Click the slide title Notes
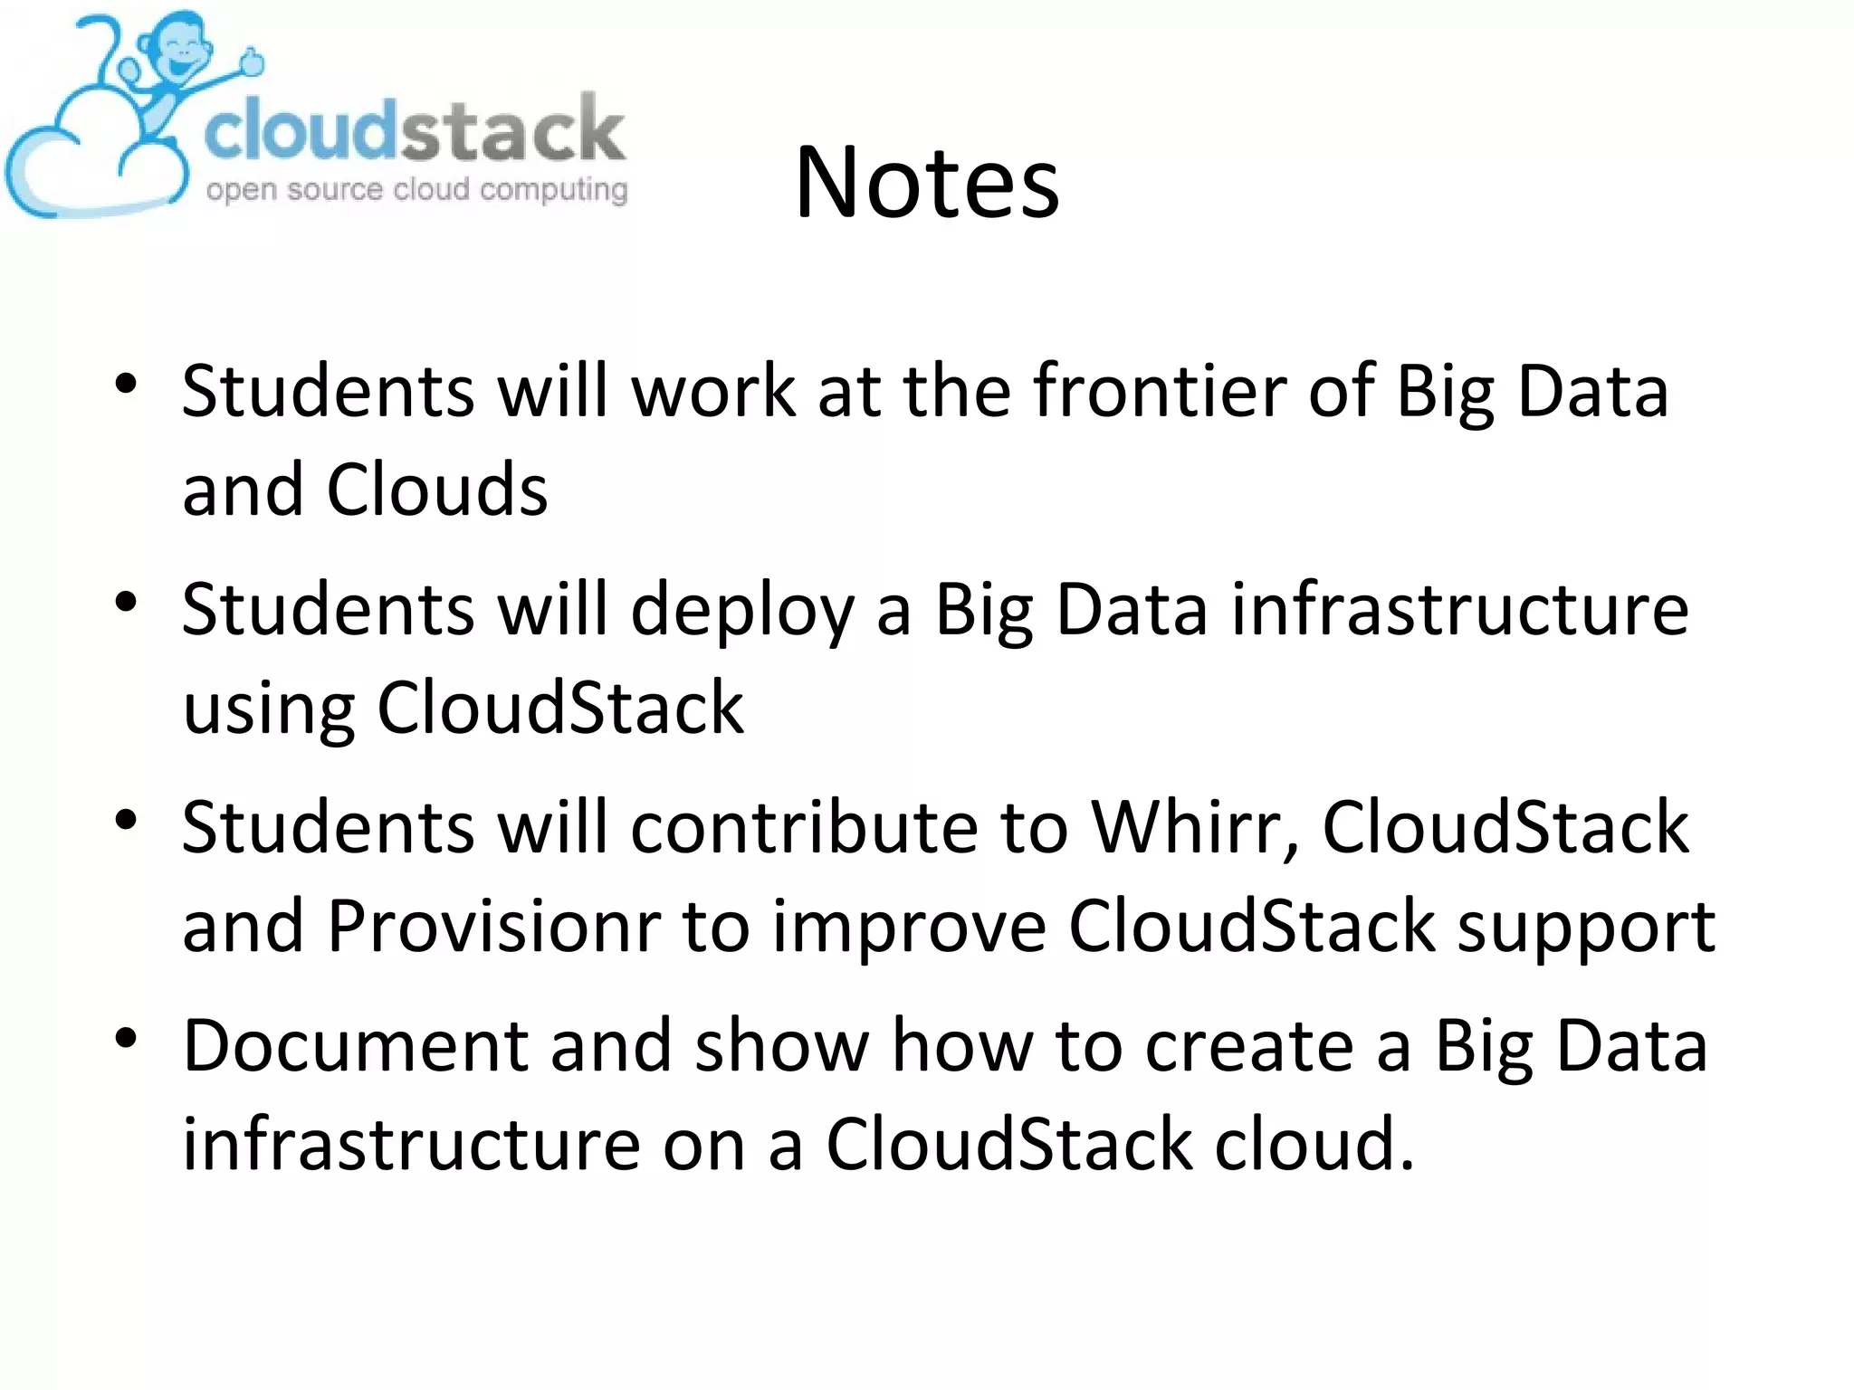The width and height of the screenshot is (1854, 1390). point(927,183)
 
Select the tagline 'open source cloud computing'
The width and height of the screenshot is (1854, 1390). point(416,190)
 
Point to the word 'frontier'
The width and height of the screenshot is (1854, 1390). point(1159,391)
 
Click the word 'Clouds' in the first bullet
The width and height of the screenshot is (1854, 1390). point(436,490)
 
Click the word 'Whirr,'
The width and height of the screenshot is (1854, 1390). point(1195,827)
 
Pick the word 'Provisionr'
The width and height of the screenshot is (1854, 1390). point(493,927)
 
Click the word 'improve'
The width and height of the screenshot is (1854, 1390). point(909,928)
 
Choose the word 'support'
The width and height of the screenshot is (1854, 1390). point(1586,928)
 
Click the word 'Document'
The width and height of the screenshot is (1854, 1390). point(356,1046)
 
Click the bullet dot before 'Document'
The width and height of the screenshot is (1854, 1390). point(126,1038)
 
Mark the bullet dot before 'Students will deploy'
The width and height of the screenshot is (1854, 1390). point(126,602)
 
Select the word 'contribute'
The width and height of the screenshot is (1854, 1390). point(804,827)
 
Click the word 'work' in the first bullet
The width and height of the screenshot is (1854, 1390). point(713,391)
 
